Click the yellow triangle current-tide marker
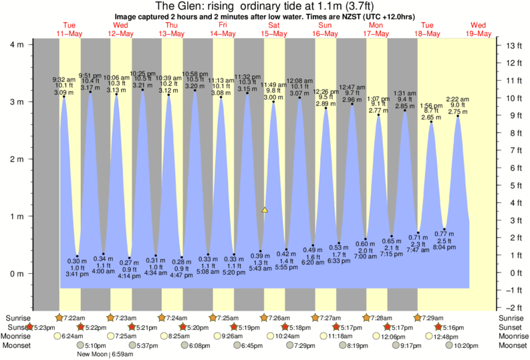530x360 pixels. [x=265, y=210]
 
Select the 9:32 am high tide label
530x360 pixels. [x=63, y=79]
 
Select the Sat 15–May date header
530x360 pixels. [x=273, y=29]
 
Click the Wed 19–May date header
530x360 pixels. [x=479, y=29]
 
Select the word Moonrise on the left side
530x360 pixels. [x=19, y=337]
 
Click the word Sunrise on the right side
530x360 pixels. [x=512, y=317]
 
